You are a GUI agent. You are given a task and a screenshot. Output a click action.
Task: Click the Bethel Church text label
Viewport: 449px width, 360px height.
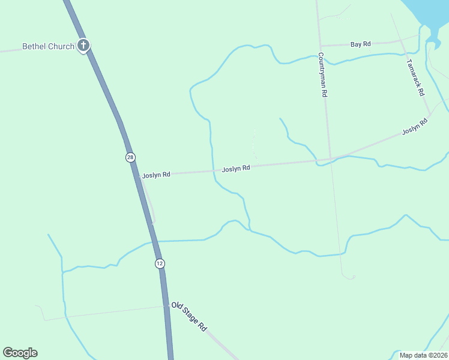pyautogui.click(x=48, y=46)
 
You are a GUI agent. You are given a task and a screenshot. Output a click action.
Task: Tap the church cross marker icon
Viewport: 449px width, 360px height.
pyautogui.click(x=83, y=46)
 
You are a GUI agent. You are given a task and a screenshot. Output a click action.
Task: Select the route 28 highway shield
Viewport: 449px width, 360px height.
pyautogui.click(x=130, y=157)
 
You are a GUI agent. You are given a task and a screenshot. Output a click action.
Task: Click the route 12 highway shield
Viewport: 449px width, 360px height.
pyautogui.click(x=159, y=263)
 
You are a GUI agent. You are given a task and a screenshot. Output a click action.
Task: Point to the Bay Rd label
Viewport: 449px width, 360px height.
pyautogui.click(x=361, y=44)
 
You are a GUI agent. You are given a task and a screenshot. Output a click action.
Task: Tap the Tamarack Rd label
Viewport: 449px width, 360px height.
pyautogui.click(x=415, y=77)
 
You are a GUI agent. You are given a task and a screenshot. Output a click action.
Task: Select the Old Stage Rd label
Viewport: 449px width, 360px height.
pyautogui.click(x=189, y=317)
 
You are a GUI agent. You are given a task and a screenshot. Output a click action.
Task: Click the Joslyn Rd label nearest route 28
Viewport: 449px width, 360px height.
pyautogui.click(x=156, y=175)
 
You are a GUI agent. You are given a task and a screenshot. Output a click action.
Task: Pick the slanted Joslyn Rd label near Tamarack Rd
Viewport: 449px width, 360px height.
pyautogui.click(x=415, y=126)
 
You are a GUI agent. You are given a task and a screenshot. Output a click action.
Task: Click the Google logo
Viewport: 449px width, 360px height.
pyautogui.click(x=20, y=353)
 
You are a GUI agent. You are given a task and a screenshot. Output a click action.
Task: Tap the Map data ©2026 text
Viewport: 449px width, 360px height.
pyautogui.click(x=424, y=355)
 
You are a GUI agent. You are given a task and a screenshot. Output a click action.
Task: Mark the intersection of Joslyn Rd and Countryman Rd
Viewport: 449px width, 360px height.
pyautogui.click(x=330, y=159)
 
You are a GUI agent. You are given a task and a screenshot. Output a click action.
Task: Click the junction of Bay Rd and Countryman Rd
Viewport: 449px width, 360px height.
pyautogui.click(x=321, y=46)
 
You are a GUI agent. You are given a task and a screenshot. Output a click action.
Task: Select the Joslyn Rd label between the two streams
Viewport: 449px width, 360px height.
pyautogui.click(x=236, y=169)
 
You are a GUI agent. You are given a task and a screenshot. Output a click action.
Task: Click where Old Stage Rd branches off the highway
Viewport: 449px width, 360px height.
pyautogui.click(x=168, y=305)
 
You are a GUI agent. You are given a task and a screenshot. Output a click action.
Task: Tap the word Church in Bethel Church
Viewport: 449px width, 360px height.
pyautogui.click(x=62, y=46)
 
